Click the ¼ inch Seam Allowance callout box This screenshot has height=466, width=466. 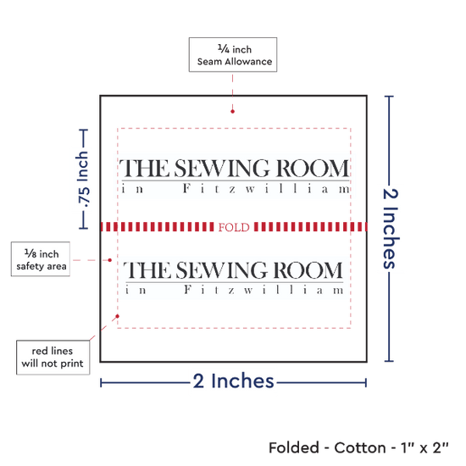pos(233,55)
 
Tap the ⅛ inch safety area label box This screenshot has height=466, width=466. pos(41,259)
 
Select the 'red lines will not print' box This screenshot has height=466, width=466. pos(53,358)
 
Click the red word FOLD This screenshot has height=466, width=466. pos(234,227)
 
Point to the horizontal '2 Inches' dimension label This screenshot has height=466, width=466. pos(234,380)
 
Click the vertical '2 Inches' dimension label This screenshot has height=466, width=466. pos(391,229)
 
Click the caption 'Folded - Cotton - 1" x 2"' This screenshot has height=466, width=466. pos(358,447)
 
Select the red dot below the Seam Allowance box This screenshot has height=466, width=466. pos(232,112)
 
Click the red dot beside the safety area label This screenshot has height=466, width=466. pos(109,260)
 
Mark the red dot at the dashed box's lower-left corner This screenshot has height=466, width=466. pos(118,316)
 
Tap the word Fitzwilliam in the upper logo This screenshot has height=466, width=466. pos(267,189)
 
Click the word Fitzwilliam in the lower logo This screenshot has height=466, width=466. pos(264,290)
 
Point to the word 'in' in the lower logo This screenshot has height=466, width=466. pos(136,290)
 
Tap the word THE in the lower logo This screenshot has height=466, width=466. pos(147,269)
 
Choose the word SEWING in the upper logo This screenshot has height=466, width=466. pos(222,169)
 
